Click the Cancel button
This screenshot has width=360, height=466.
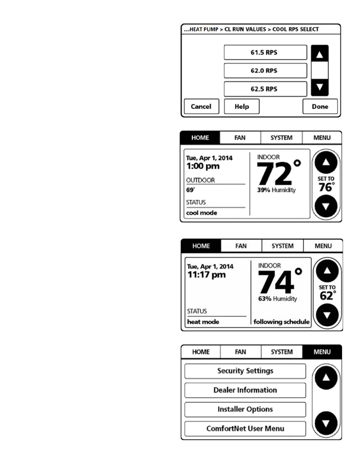(x=201, y=106)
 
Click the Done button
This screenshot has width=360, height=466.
(x=320, y=106)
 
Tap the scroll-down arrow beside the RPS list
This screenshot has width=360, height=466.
(x=319, y=87)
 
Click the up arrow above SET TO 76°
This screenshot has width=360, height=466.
(x=326, y=162)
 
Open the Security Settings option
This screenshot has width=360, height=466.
(x=245, y=371)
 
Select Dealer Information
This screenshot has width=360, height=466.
(x=245, y=390)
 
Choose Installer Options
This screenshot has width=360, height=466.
(x=245, y=409)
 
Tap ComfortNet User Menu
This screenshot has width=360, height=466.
(x=245, y=429)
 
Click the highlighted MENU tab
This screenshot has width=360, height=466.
(x=322, y=352)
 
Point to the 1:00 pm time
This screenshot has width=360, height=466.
(x=203, y=166)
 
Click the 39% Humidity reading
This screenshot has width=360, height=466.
(x=276, y=190)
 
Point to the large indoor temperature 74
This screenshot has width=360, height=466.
(x=276, y=282)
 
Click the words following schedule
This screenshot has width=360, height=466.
(x=281, y=322)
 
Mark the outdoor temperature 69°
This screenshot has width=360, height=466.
(x=190, y=190)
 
